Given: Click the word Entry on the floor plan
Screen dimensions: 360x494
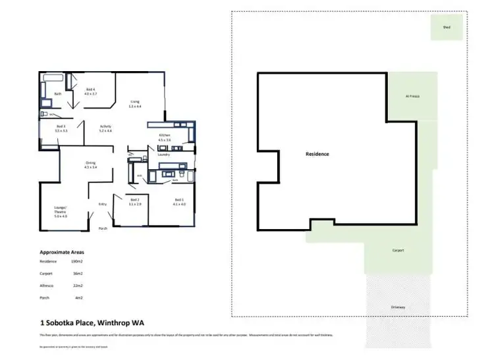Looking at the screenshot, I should click(x=103, y=204).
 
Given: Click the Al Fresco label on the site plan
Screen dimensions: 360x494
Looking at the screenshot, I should click(x=412, y=96).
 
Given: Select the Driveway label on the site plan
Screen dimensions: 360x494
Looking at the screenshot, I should click(x=397, y=307).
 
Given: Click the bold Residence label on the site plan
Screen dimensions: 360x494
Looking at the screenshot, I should click(x=317, y=154).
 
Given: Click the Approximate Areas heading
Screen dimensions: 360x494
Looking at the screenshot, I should click(x=62, y=251).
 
